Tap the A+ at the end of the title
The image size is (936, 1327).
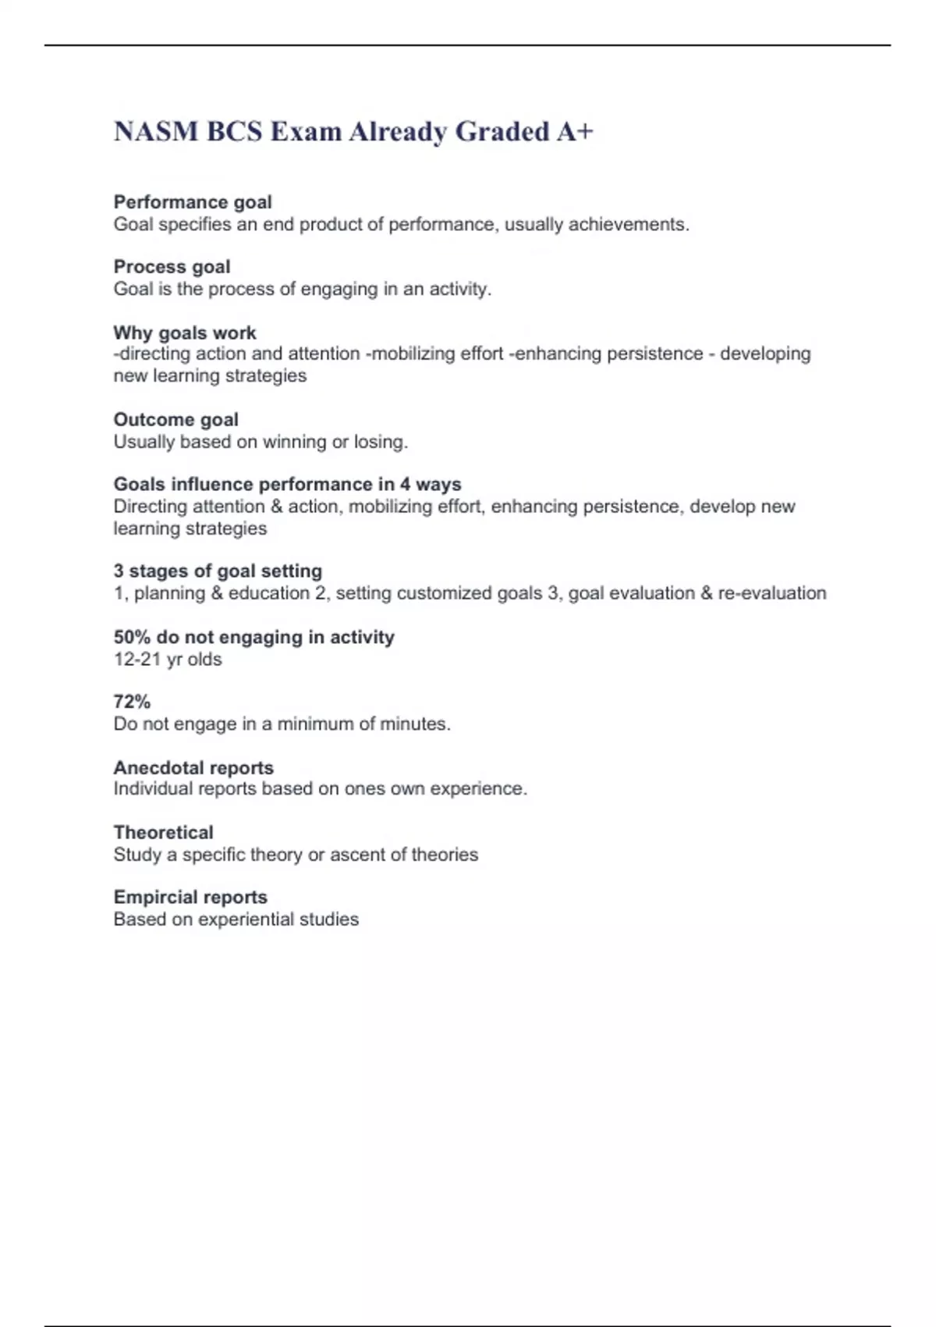pyautogui.click(x=575, y=132)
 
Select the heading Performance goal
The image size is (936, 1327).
pyautogui.click(x=193, y=202)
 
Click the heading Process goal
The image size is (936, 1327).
pyautogui.click(x=172, y=267)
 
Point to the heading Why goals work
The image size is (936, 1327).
pyautogui.click(x=185, y=333)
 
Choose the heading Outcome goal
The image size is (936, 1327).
pyautogui.click(x=175, y=420)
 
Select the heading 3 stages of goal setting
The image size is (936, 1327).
pyautogui.click(x=218, y=571)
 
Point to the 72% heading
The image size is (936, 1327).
pyautogui.click(x=132, y=702)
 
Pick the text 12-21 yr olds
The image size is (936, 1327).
pyautogui.click(x=168, y=660)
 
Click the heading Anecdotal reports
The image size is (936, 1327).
pyautogui.click(x=193, y=768)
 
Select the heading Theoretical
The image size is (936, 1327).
pyautogui.click(x=163, y=832)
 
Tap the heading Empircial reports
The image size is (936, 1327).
pyautogui.click(x=190, y=898)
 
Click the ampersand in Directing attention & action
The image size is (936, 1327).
pyautogui.click(x=276, y=507)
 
